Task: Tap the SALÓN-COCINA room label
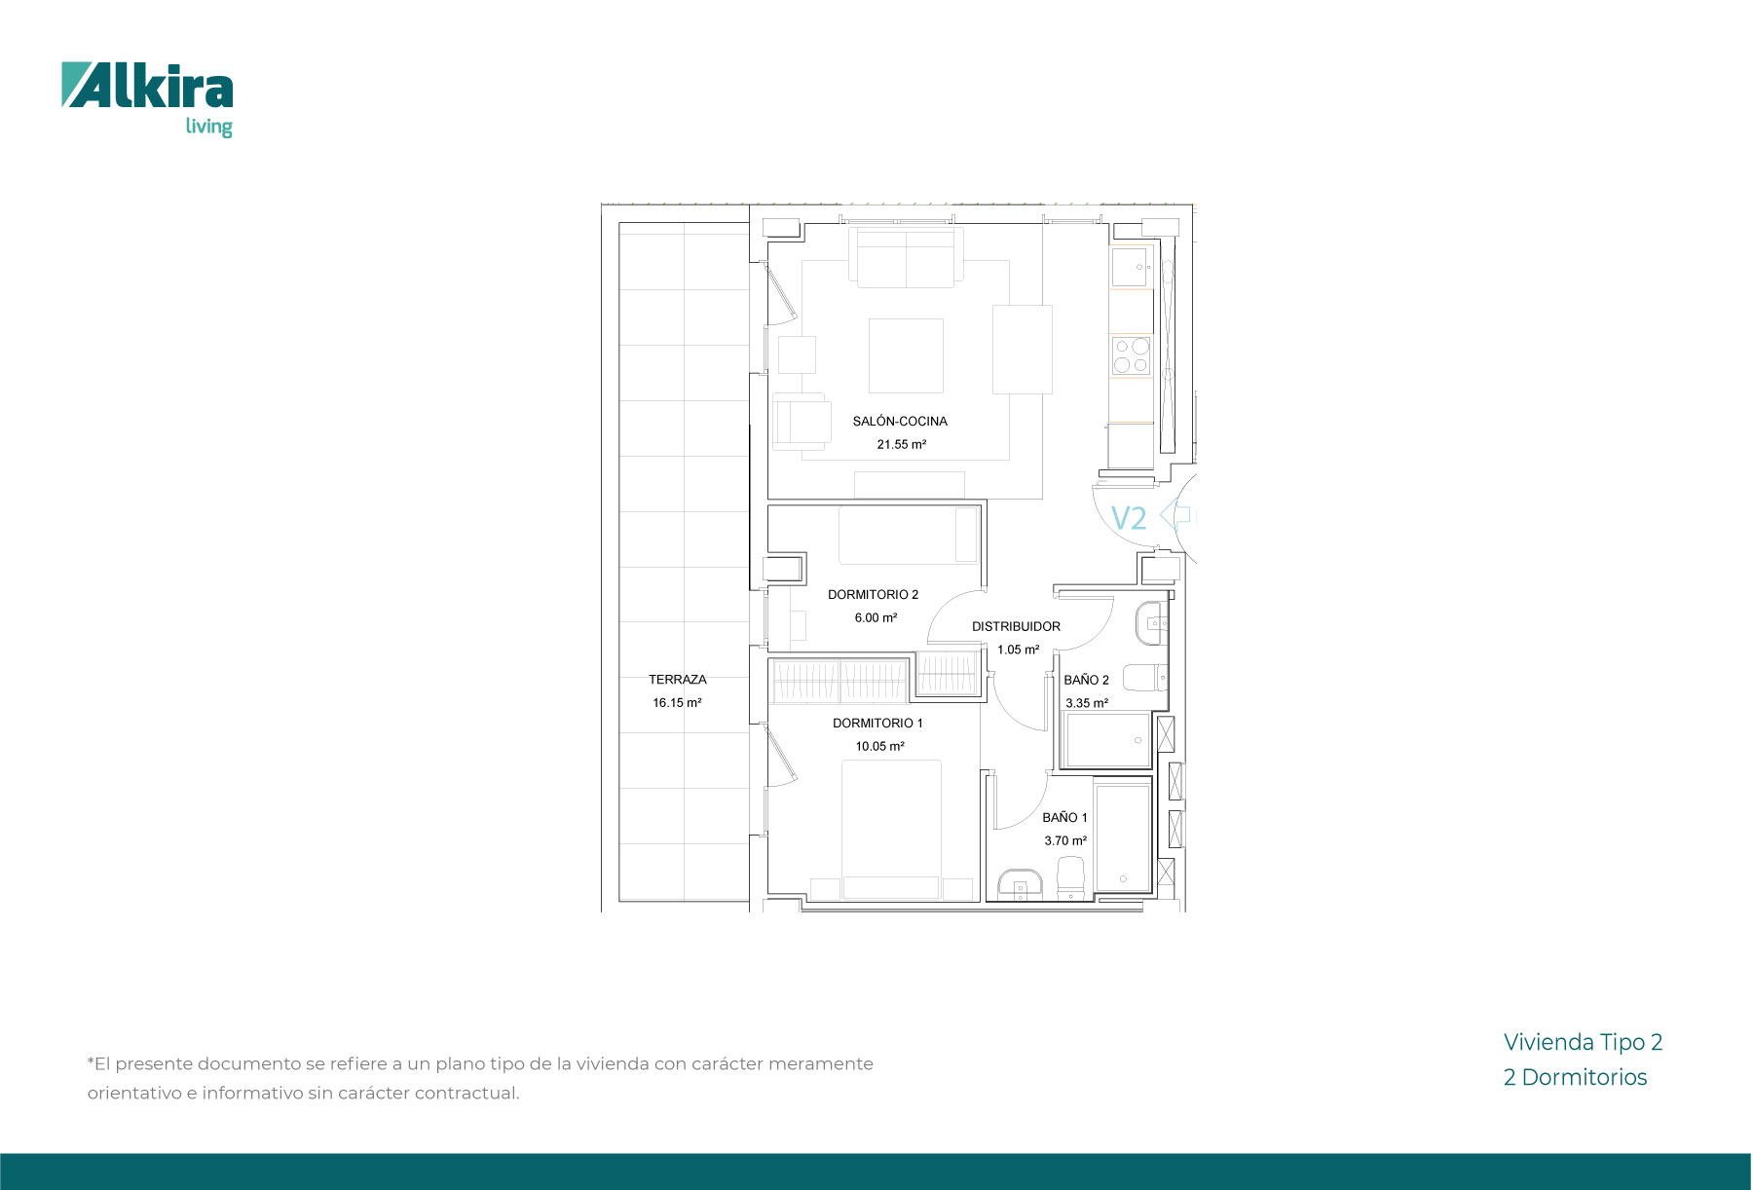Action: pos(900,422)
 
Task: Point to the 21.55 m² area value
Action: pos(901,445)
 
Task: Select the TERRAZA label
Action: pos(678,680)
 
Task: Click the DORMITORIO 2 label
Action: pos(873,595)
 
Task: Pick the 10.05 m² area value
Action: pos(879,747)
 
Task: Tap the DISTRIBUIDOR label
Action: pos(1016,627)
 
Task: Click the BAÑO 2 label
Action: pos(1086,681)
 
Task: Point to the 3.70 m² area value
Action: pos(1065,841)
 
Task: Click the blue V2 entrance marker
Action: pos(1129,518)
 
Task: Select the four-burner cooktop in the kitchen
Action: pos(1132,355)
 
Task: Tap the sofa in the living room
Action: pos(906,257)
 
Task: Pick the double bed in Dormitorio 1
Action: pos(891,829)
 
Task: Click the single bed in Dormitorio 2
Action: pos(909,535)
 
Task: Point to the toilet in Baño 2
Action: pos(1145,677)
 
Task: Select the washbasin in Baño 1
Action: pos(1020,884)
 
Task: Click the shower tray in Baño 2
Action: pos(1107,740)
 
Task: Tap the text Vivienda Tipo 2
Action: pos(1583,1043)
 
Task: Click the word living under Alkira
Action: pos(209,127)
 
